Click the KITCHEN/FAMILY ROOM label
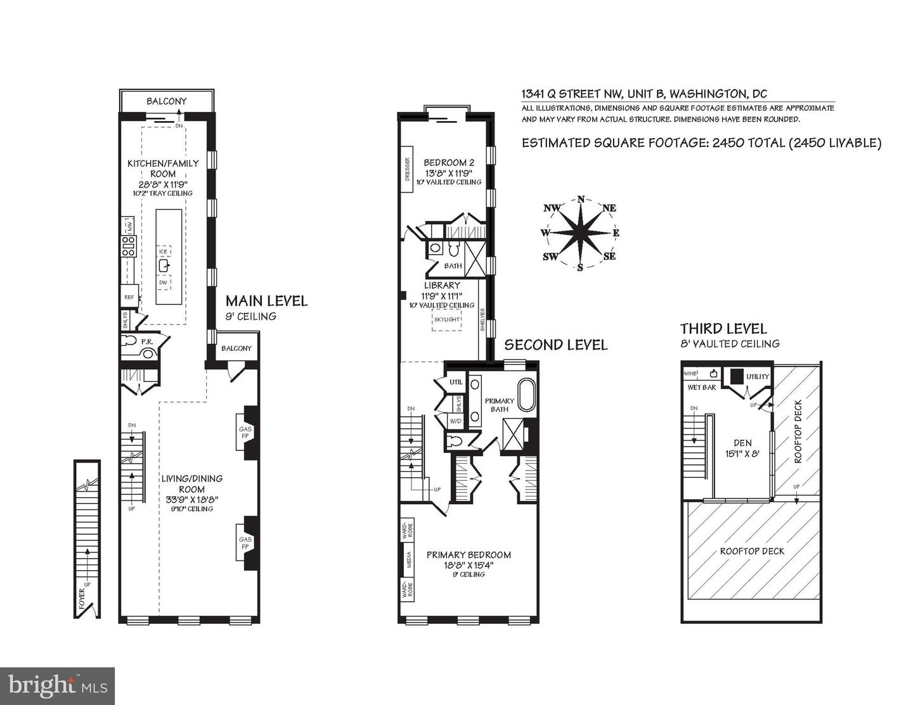(163, 168)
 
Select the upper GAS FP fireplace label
(245, 433)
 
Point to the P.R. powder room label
(146, 341)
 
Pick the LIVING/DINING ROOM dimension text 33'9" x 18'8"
(191, 499)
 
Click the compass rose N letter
(581, 200)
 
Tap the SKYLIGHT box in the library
(446, 319)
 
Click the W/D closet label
(455, 421)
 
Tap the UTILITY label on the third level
(757, 376)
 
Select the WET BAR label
(701, 386)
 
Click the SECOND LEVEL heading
(555, 345)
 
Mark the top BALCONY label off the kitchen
(167, 101)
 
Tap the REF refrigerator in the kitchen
(129, 296)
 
